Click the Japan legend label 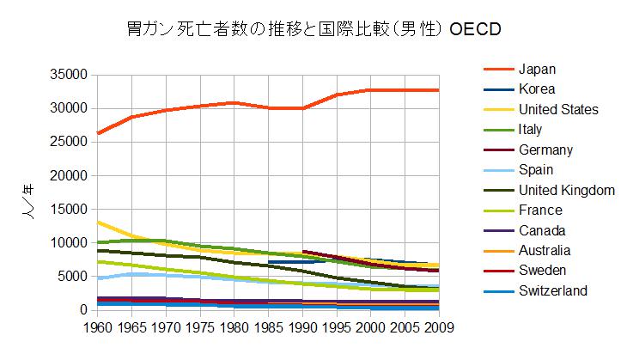click(537, 69)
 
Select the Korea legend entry click(537, 88)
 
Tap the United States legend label click(558, 109)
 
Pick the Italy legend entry click(530, 130)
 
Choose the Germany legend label click(545, 149)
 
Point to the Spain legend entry click(536, 170)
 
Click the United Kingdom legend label click(566, 190)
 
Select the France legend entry click(540, 211)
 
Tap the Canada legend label click(541, 230)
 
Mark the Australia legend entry click(545, 251)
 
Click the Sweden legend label click(542, 271)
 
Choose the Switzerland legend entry click(553, 291)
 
